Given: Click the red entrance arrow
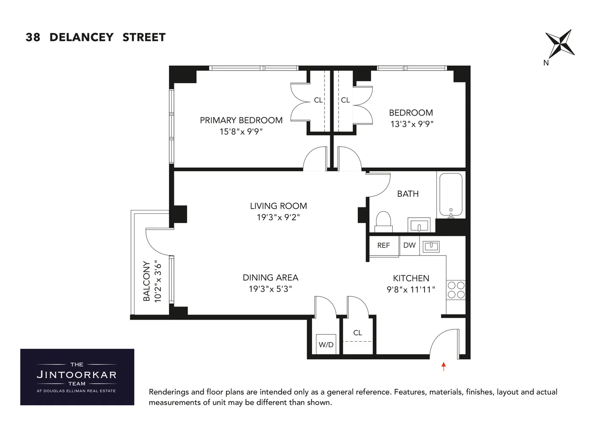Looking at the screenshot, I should coord(444,366).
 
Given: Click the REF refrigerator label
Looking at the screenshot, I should coord(383,246).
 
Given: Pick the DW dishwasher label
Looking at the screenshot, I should coord(409,245).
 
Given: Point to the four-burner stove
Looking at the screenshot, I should coord(456,290).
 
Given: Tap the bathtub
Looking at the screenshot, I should coord(451,195).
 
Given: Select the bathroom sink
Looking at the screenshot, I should coord(419,225).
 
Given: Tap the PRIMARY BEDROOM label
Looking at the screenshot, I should coord(241,120).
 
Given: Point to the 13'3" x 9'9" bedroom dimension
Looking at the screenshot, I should coord(411,124).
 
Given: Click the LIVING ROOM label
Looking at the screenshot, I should coord(278,206).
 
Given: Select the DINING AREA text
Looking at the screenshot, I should coord(270,278).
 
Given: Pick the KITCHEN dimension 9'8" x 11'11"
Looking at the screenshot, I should coord(411,289).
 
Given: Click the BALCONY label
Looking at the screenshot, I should coord(147,281).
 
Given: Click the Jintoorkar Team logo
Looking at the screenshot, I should coord(77,377).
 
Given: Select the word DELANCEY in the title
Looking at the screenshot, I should coord(81,37).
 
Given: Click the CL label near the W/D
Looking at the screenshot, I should coord(358,333).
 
